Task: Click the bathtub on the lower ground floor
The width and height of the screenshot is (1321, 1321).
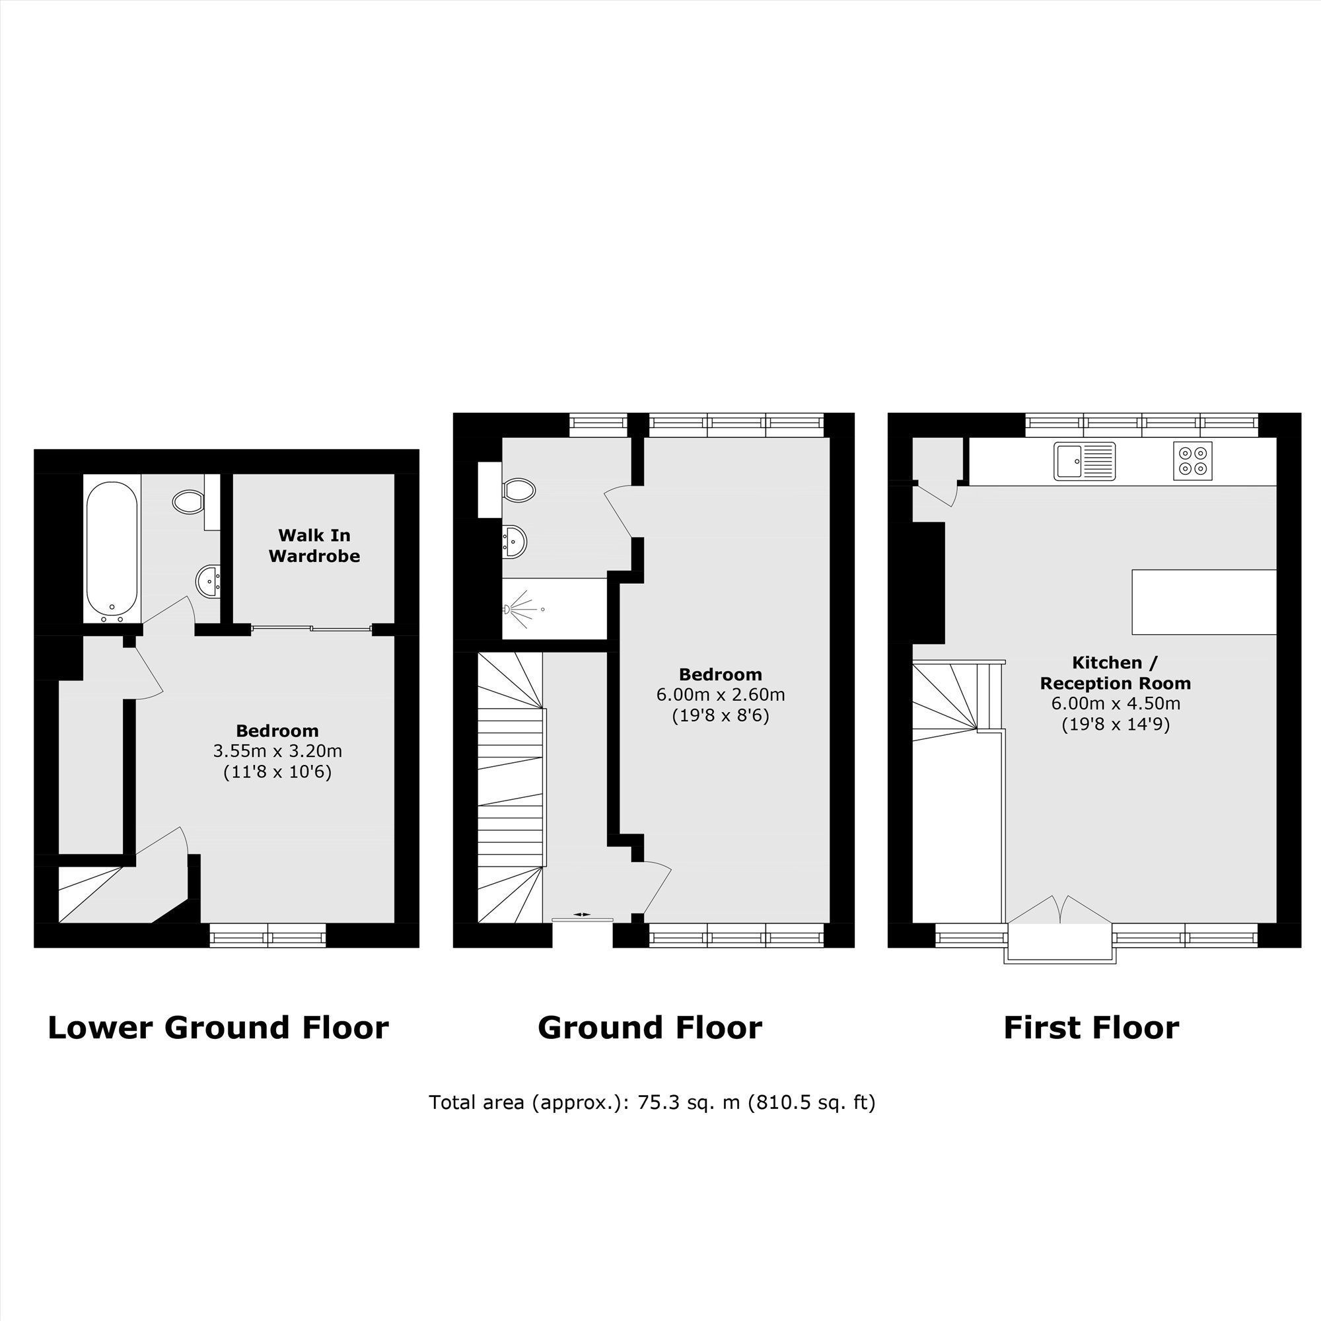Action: click(x=112, y=550)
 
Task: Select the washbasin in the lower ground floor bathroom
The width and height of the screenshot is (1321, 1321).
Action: click(x=209, y=581)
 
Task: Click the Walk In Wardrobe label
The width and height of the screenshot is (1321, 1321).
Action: click(x=314, y=545)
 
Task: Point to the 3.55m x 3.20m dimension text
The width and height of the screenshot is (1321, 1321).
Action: click(x=277, y=751)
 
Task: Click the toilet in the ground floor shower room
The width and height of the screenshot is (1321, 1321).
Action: click(x=519, y=489)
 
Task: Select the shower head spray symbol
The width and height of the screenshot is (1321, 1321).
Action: click(x=523, y=608)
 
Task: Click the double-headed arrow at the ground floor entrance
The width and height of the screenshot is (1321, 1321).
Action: click(x=582, y=913)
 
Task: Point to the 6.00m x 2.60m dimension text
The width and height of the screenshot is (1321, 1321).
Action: click(x=721, y=695)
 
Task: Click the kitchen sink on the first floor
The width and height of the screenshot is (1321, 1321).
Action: click(x=1085, y=461)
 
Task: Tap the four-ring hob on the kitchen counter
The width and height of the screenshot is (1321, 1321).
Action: click(x=1192, y=461)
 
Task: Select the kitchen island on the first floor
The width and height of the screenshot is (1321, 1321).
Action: click(x=1204, y=602)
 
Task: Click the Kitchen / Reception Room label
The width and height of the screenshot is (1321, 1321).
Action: click(x=1115, y=673)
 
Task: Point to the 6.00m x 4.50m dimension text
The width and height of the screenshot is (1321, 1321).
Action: click(x=1115, y=703)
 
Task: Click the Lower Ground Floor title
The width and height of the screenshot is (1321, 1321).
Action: click(x=218, y=1027)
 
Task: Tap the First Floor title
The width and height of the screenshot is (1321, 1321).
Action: click(x=1091, y=1027)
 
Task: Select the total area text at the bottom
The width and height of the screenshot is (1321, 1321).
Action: click(x=653, y=1102)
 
